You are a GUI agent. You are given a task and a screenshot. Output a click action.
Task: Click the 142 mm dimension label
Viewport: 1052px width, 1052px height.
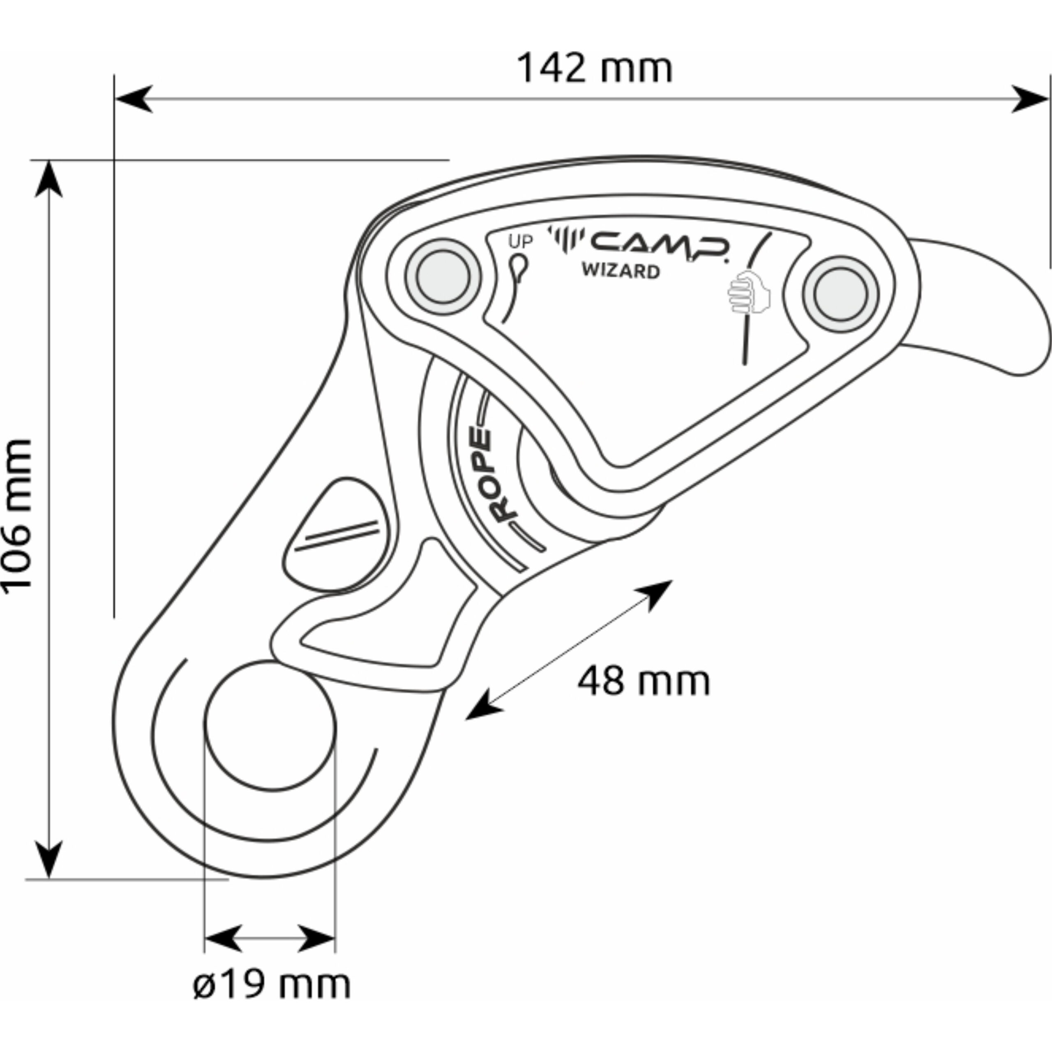[594, 69]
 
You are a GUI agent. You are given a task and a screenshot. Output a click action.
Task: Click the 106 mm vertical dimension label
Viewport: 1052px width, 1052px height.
[16, 514]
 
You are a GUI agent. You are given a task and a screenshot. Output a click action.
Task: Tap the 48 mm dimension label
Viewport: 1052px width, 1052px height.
[644, 681]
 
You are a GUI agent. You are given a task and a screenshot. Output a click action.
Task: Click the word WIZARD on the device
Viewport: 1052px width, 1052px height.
[621, 271]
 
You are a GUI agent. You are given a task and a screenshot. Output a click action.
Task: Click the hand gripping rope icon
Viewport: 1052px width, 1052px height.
[749, 293]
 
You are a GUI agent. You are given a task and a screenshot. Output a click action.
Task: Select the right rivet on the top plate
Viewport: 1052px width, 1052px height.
[840, 294]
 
